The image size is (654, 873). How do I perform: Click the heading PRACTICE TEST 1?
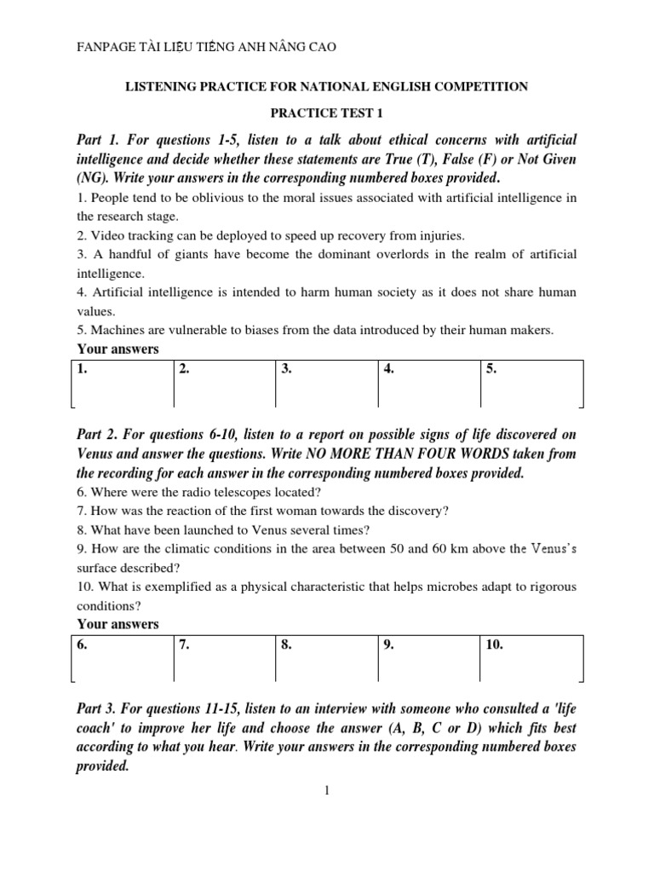click(326, 112)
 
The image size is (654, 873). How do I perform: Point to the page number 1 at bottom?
click(326, 790)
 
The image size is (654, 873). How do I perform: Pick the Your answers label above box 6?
click(118, 624)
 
